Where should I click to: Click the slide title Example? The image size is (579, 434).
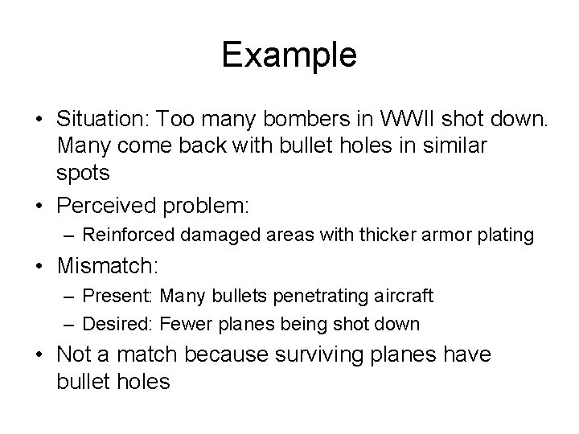[x=289, y=55]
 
